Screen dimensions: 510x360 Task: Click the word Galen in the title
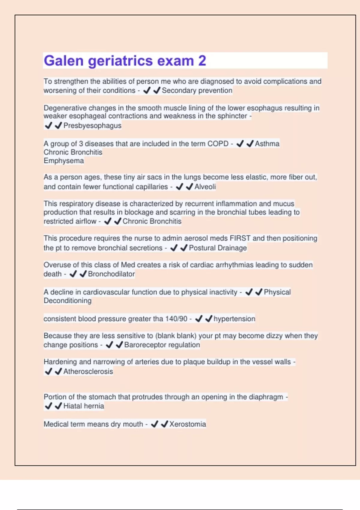point(64,61)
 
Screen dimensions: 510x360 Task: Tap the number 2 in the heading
point(202,61)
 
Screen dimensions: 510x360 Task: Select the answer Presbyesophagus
point(92,126)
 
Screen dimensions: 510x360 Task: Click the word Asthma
point(267,144)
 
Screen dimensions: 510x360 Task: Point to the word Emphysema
point(64,161)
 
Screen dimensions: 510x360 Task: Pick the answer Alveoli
point(205,187)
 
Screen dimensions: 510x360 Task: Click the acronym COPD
point(218,144)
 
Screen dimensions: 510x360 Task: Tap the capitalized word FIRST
point(240,238)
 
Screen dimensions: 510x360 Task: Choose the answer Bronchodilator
point(111,274)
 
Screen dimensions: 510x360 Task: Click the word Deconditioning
point(67,301)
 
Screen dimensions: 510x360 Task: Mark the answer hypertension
point(234,319)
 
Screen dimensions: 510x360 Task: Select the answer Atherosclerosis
point(88,371)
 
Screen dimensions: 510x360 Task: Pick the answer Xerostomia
point(187,424)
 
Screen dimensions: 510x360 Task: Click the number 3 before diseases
point(81,144)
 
